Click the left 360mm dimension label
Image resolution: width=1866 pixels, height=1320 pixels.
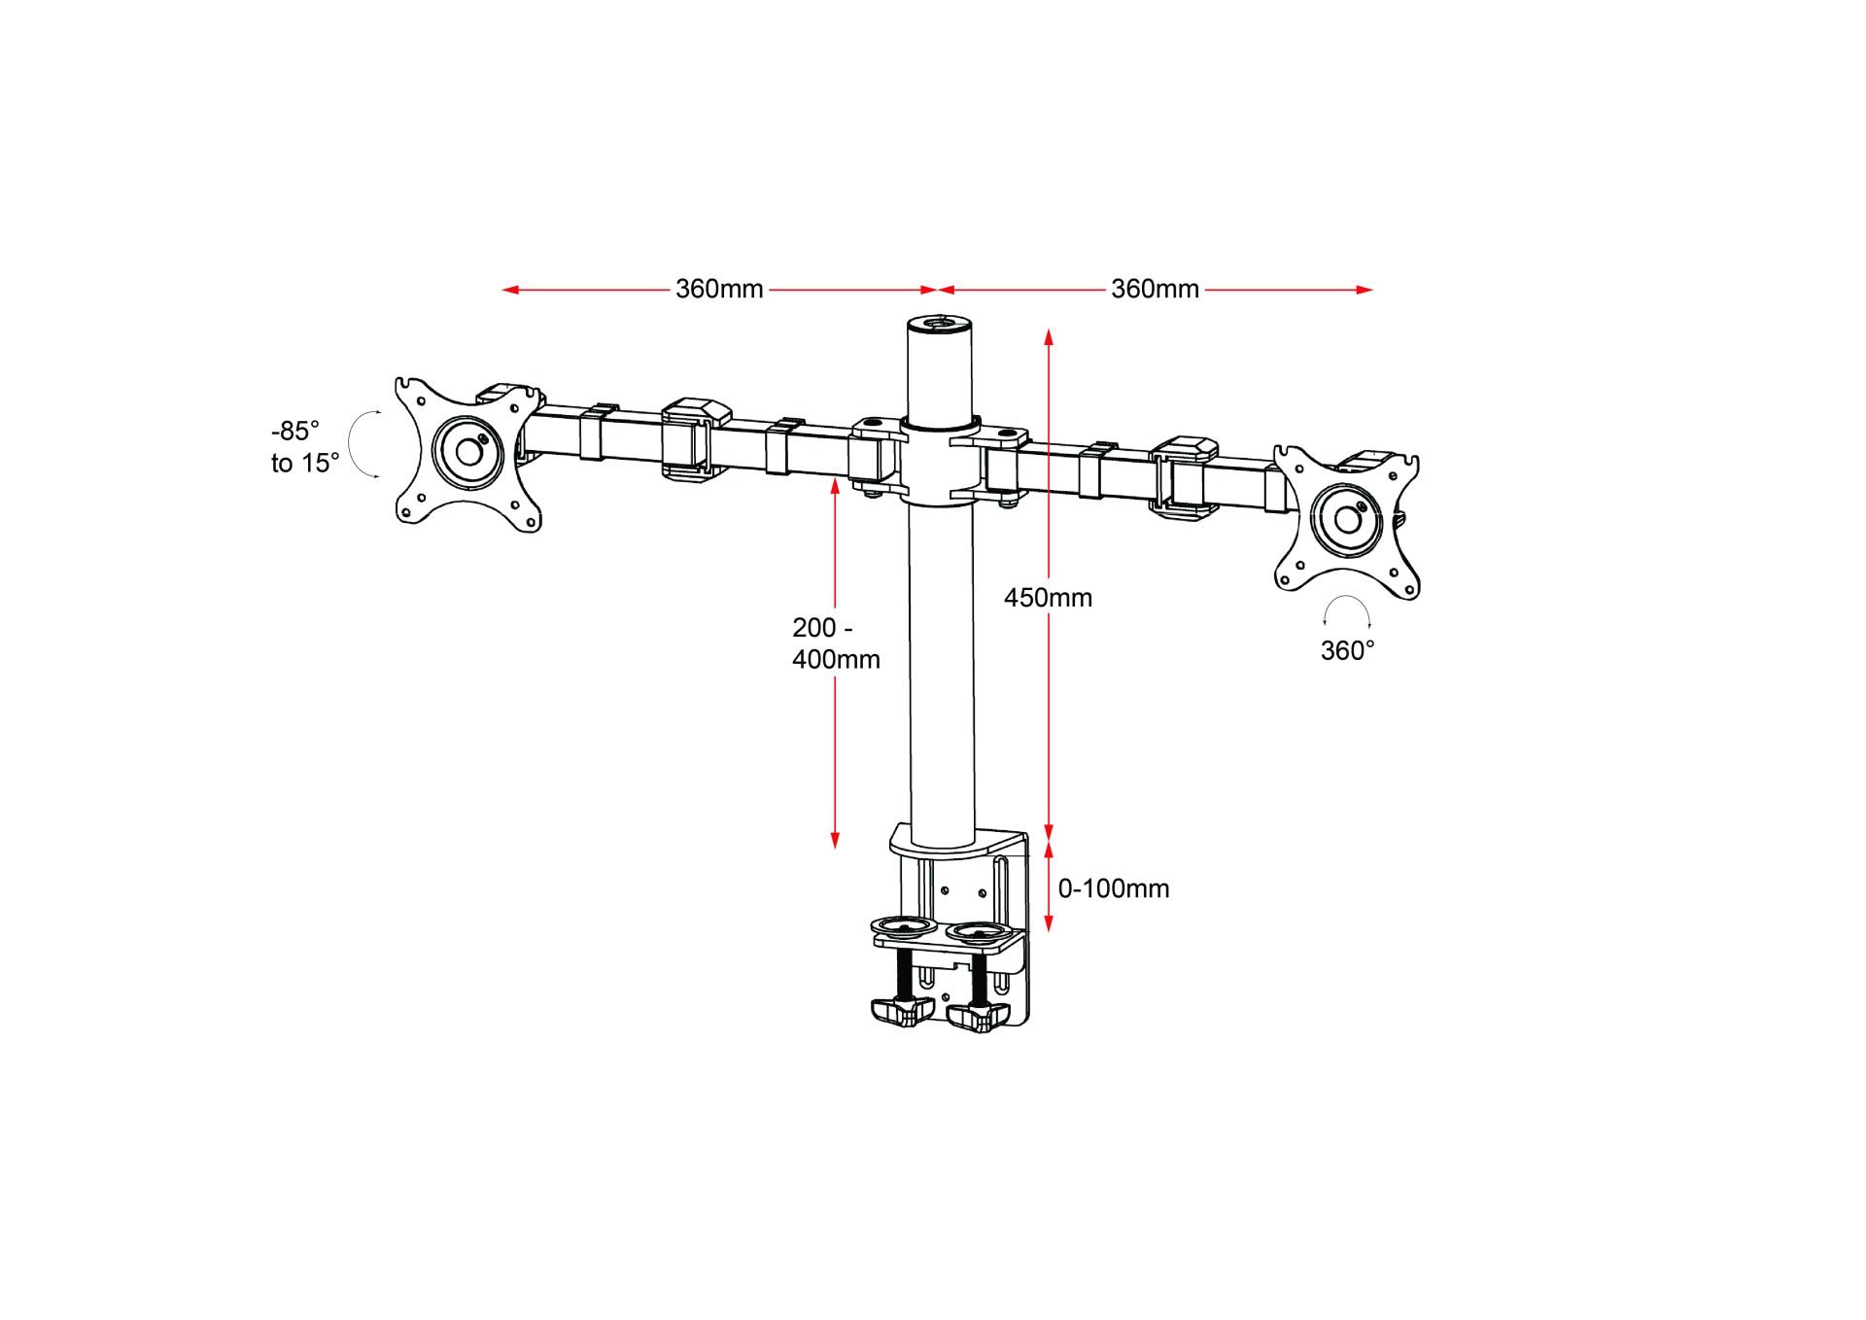click(x=719, y=289)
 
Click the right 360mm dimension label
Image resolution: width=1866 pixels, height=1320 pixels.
click(x=1155, y=289)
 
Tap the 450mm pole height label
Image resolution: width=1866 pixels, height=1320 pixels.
click(x=1048, y=597)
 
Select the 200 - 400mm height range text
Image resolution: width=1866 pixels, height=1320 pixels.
click(x=835, y=643)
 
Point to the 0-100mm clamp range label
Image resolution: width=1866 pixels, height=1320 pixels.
click(x=1113, y=887)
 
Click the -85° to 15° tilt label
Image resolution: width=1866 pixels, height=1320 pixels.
click(x=304, y=446)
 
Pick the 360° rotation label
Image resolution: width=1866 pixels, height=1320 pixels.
click(x=1347, y=650)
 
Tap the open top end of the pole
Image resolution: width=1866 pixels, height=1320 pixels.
click(x=940, y=322)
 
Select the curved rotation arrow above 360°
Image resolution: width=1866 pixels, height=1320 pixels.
click(x=1347, y=608)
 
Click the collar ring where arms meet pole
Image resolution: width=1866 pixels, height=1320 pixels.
click(x=940, y=427)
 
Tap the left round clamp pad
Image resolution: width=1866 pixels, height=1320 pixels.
click(x=903, y=925)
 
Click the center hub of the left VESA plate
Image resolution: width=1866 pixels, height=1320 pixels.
click(x=469, y=452)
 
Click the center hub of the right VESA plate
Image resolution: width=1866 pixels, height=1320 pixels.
click(x=1347, y=519)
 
